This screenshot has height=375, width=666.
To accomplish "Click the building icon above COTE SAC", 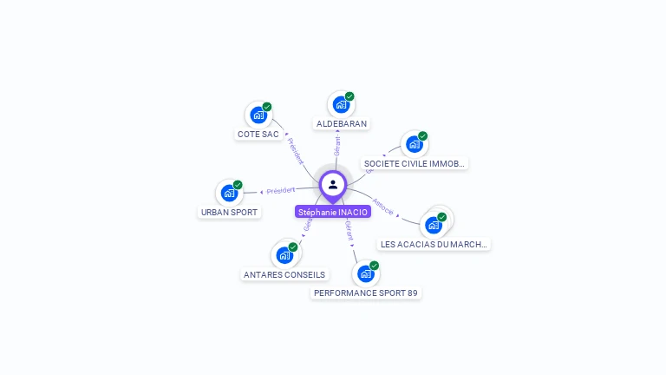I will [x=258, y=115].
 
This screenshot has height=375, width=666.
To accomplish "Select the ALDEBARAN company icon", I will [x=340, y=104].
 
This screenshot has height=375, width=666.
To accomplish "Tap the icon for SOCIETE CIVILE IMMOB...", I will [x=414, y=144].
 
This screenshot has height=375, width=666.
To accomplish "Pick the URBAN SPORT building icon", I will [x=229, y=193].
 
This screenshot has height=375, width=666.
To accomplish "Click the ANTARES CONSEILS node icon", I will [x=284, y=255].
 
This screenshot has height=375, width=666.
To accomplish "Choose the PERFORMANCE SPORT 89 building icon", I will [x=365, y=273].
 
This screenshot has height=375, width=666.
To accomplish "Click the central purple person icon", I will [x=333, y=185].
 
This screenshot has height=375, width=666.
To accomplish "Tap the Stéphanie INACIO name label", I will [x=333, y=212].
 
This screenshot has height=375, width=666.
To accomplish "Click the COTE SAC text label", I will [x=258, y=135].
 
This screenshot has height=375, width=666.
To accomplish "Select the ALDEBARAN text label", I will [x=342, y=124].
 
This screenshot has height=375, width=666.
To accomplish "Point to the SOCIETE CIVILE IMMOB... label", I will [x=415, y=163].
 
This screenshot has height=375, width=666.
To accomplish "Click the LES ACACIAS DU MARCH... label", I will [x=434, y=245].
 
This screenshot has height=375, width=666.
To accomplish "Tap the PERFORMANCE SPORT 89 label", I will [x=366, y=293].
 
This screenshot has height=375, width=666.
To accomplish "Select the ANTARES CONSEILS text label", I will [x=284, y=275].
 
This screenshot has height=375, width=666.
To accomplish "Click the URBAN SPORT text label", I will [x=230, y=213].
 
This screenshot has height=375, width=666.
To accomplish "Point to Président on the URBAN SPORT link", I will [x=281, y=190].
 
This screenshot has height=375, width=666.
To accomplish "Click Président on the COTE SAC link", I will [x=296, y=150].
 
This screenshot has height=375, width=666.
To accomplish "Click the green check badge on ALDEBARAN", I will [x=349, y=96].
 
